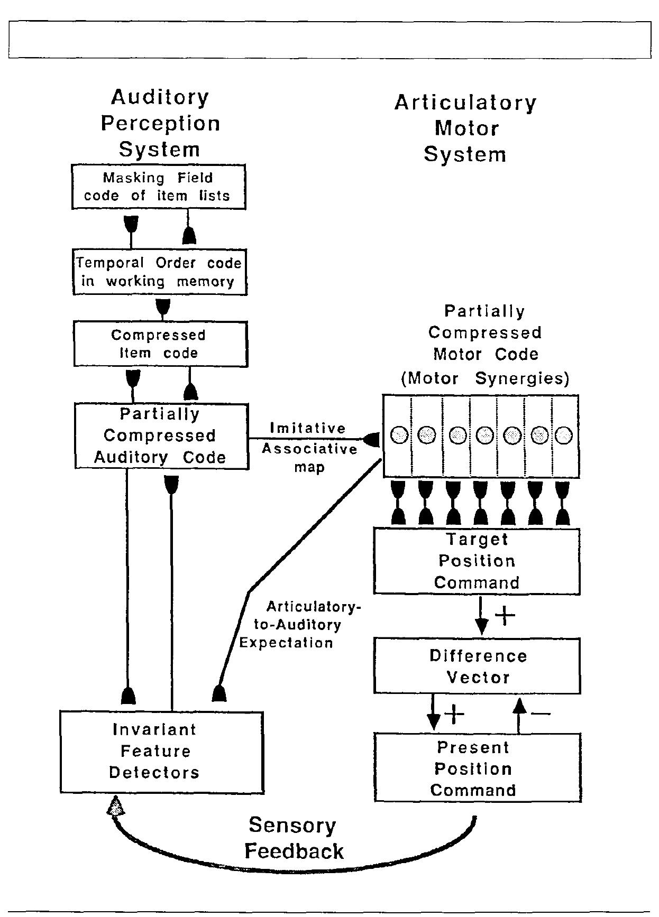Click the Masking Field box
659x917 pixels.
click(x=159, y=187)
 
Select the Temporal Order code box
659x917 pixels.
click(x=160, y=272)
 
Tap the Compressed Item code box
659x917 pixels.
click(x=160, y=344)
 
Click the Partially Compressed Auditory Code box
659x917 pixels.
click(x=161, y=436)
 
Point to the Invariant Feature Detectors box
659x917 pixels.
click(x=161, y=752)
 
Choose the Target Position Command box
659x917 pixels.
click(x=477, y=561)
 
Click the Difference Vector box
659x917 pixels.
click(x=477, y=666)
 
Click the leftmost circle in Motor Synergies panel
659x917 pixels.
click(x=400, y=436)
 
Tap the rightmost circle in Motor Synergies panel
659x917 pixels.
click(x=564, y=436)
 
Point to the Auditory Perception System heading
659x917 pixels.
click(x=160, y=123)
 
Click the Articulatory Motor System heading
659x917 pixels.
click(x=465, y=128)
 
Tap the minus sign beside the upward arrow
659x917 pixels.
click(x=541, y=714)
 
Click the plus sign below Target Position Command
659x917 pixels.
click(x=505, y=615)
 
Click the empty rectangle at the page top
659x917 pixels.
click(x=329, y=40)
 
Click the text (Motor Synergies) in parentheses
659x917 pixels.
click(x=484, y=379)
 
